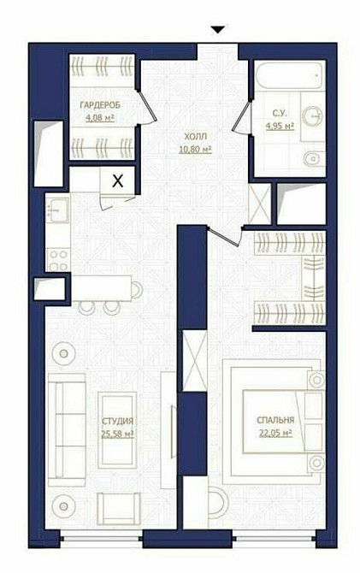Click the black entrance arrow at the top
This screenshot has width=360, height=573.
(218, 30)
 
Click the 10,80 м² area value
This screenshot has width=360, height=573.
(194, 148)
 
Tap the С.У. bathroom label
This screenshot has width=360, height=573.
(280, 112)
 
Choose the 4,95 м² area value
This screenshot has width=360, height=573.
(280, 125)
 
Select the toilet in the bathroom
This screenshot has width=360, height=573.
(312, 160)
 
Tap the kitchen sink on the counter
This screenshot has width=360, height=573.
(57, 209)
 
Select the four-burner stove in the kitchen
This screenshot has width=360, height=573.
(57, 255)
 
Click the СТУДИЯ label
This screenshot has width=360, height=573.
(116, 421)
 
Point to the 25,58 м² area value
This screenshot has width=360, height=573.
(116, 434)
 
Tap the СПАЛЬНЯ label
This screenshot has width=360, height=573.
(274, 421)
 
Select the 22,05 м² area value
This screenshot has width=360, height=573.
(274, 434)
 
